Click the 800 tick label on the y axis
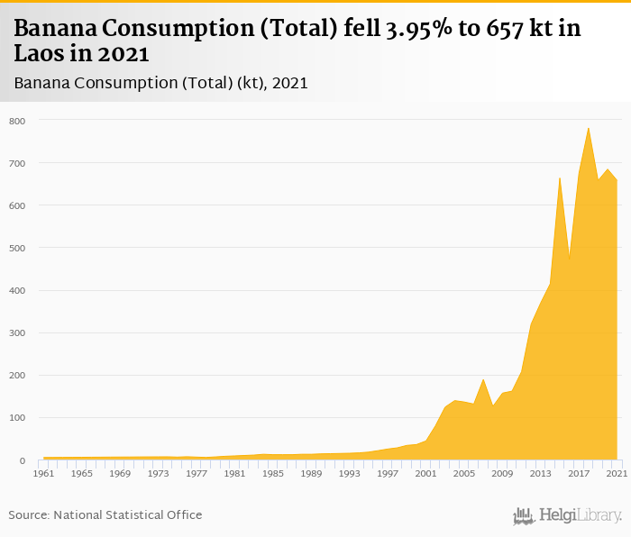click(x=17, y=121)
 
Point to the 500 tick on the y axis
click(x=17, y=248)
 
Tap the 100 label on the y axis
click(x=17, y=418)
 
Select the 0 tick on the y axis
click(x=23, y=460)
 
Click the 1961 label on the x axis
click(x=43, y=473)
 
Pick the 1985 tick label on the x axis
click(x=273, y=473)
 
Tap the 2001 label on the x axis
click(x=426, y=473)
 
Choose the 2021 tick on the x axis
click(x=617, y=473)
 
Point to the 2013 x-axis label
click(x=541, y=473)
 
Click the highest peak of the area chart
click(x=589, y=128)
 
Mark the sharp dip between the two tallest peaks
click(x=570, y=259)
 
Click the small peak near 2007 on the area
click(x=484, y=379)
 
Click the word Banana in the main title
click(x=56, y=29)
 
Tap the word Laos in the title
click(x=41, y=53)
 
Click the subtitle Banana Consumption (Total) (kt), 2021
click(x=161, y=84)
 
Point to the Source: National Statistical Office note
click(x=105, y=514)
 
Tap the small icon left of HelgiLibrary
click(x=524, y=515)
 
